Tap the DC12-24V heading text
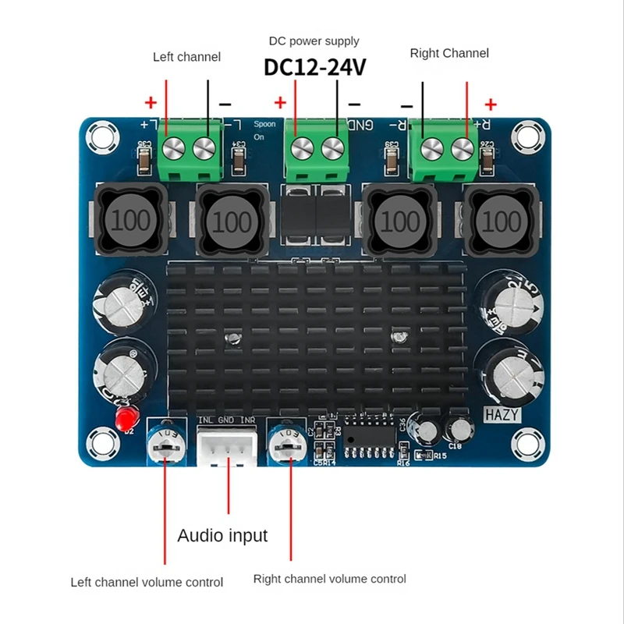[x=314, y=68]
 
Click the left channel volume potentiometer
[x=165, y=445]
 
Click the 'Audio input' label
[x=222, y=536]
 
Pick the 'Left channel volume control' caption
[x=147, y=583]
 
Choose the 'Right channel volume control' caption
[x=329, y=579]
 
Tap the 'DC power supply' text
[x=314, y=41]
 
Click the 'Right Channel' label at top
[x=449, y=53]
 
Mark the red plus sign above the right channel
[x=491, y=105]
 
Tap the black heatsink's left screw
[x=231, y=339]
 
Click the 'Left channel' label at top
[x=186, y=57]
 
